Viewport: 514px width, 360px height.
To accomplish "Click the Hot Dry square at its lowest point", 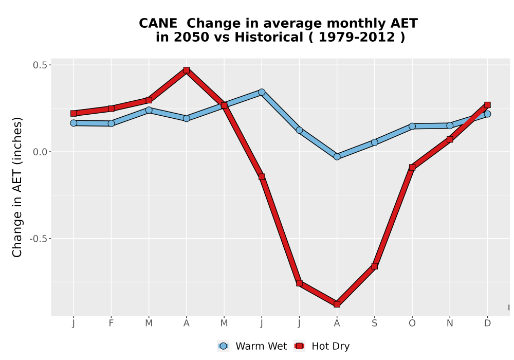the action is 337,304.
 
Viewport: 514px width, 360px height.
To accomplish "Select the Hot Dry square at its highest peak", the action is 187,70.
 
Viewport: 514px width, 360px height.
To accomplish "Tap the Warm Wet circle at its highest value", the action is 262,92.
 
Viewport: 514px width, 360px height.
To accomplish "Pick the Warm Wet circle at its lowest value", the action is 337,157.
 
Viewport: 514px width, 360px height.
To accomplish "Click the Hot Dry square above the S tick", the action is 374,266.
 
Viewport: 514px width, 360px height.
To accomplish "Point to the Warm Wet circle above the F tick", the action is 111,123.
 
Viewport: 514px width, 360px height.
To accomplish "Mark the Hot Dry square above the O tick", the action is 412,167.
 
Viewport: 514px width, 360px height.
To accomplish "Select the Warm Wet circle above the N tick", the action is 450,125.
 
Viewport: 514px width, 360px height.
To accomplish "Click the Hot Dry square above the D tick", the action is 487,105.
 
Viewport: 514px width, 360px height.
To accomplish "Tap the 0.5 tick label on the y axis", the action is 40,65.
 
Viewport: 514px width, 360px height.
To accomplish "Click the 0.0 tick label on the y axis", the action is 40,152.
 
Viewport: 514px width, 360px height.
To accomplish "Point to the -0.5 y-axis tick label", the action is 39,239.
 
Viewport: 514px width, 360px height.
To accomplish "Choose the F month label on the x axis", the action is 111,323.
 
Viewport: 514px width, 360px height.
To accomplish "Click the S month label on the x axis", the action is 374,323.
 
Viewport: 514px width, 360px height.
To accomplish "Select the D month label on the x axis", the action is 487,323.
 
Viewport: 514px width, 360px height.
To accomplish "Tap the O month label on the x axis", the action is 412,323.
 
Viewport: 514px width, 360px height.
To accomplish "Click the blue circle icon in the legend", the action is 223,346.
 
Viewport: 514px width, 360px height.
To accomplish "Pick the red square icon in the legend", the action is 299,346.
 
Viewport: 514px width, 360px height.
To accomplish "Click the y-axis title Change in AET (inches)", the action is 17,187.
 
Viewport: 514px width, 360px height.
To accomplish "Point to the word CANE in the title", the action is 158,24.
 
